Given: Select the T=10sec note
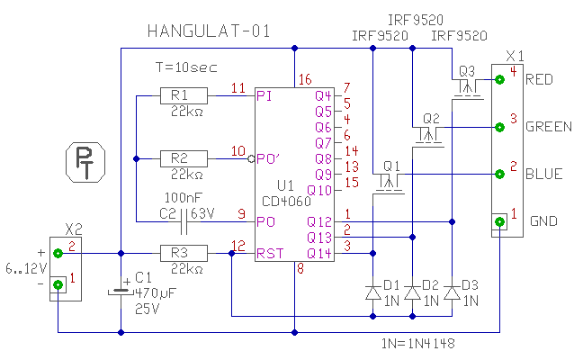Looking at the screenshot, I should tap(186, 67).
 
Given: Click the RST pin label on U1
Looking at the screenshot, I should tap(268, 253).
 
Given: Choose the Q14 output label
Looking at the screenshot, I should tap(322, 253).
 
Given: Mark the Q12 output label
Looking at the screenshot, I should tap(322, 221).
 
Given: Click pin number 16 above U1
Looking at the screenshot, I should tap(304, 80).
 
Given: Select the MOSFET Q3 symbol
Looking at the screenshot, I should tap(466, 87).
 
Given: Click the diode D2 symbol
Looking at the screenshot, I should tap(411, 292).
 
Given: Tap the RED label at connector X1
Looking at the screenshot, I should tap(539, 78).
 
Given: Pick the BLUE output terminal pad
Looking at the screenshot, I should tap(499, 174).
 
